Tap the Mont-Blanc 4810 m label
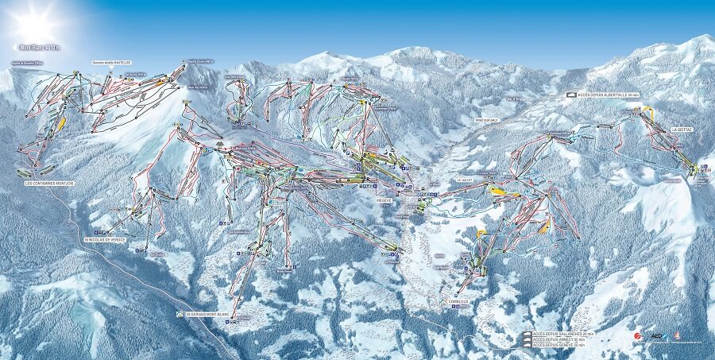tap(41, 48)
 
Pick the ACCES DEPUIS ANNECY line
tap(562, 339)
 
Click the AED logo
tap(655, 336)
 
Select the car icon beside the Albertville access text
tap(571, 95)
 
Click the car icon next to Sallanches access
tap(528, 333)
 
